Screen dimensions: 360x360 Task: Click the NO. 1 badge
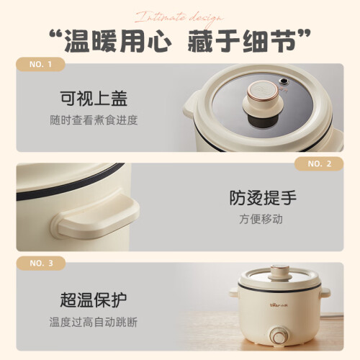click(40, 64)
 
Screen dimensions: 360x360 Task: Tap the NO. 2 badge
click(319, 164)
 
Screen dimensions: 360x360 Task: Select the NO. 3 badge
click(41, 264)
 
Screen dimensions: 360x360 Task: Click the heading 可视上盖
click(94, 99)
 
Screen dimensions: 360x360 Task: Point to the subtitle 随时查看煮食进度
click(94, 120)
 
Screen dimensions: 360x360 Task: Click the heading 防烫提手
click(263, 198)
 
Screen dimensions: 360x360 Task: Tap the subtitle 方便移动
click(261, 219)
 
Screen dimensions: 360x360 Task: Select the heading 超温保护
click(94, 300)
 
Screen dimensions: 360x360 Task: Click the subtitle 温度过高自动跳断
click(94, 322)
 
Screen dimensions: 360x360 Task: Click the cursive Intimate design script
click(179, 18)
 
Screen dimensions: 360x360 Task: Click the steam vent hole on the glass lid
click(284, 81)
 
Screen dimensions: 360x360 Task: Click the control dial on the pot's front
click(279, 336)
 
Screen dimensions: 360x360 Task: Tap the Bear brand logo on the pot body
click(279, 305)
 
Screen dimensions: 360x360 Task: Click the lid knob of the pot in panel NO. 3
click(279, 273)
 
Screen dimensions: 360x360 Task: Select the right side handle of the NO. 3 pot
click(325, 293)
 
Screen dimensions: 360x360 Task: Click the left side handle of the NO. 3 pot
click(234, 292)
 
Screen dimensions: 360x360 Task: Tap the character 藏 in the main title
click(201, 41)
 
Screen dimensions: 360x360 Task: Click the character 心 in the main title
click(159, 41)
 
